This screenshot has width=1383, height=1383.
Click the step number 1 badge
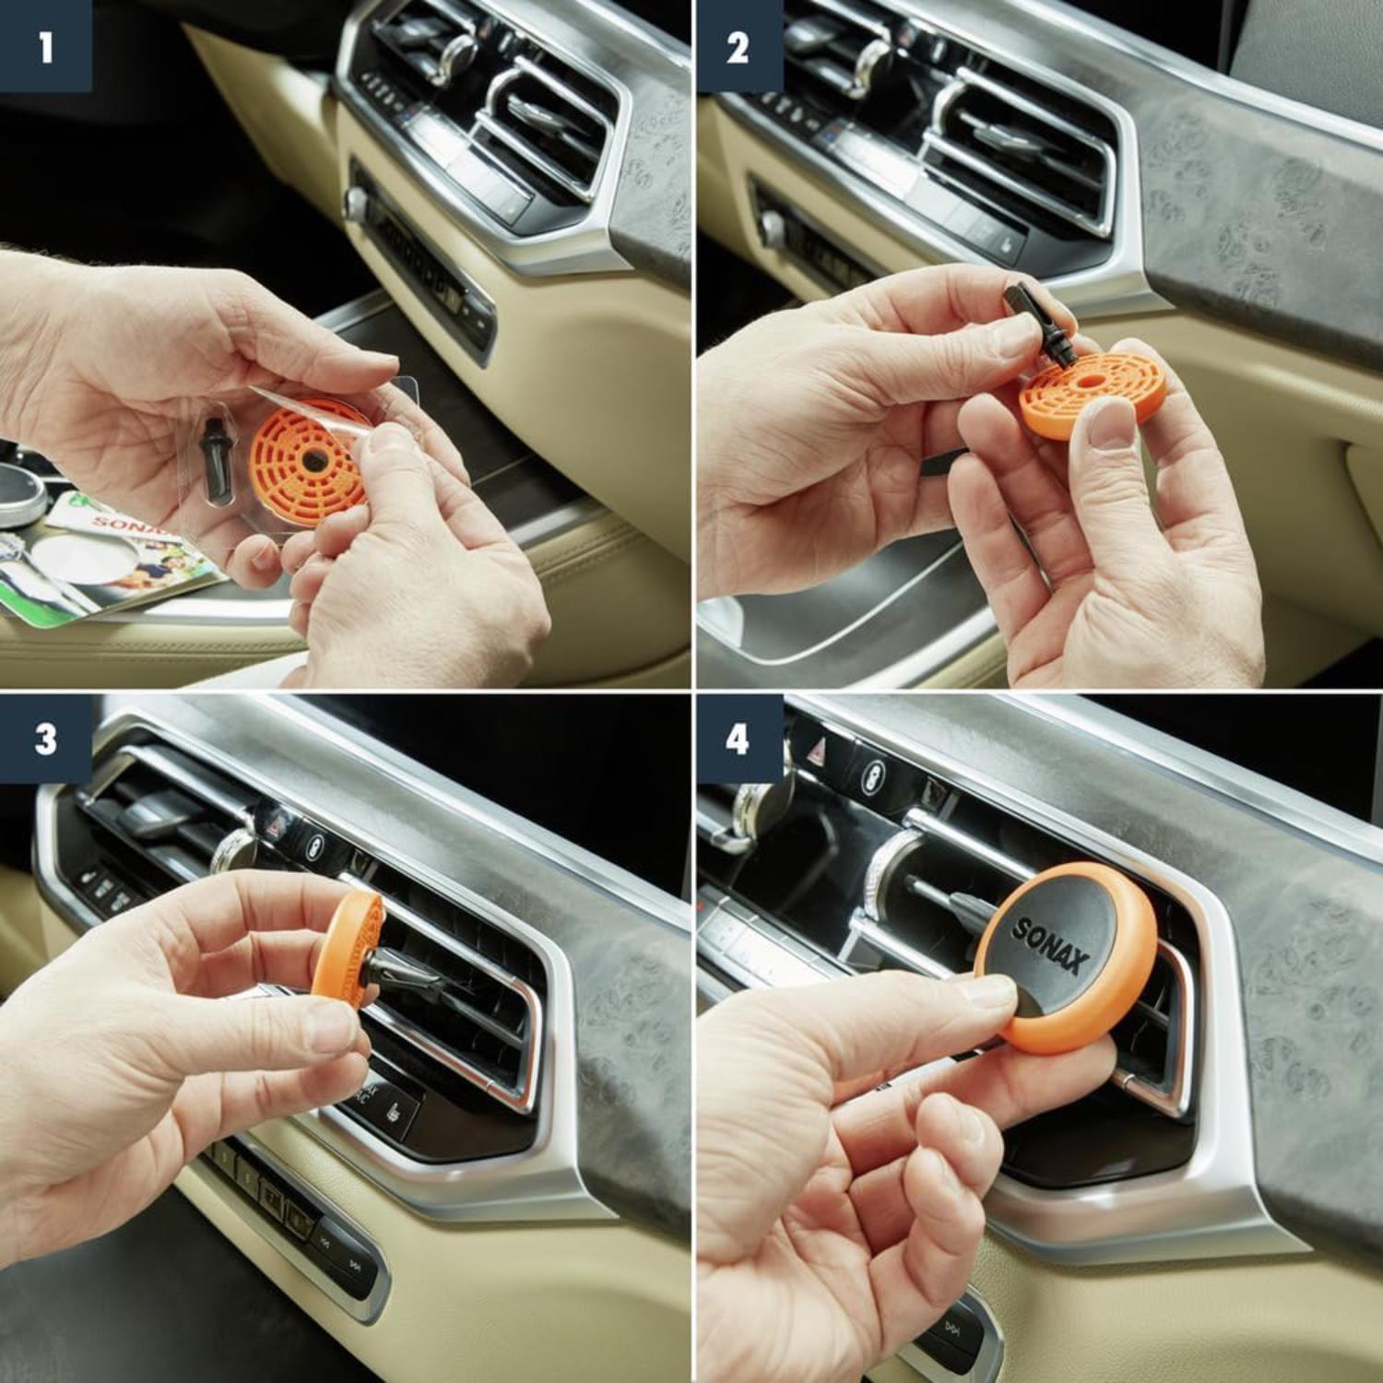45,46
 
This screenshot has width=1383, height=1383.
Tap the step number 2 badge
737,46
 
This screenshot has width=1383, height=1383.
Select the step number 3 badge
45,739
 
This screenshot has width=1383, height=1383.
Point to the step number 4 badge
737,739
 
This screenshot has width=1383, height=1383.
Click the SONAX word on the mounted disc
1050,945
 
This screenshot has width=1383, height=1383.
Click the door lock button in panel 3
316,845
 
